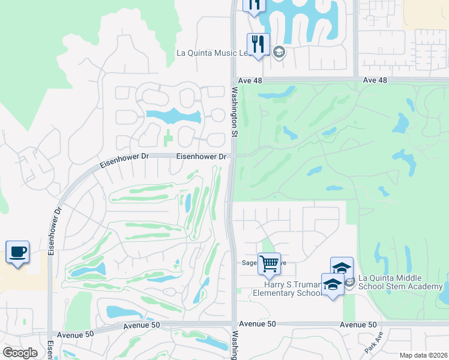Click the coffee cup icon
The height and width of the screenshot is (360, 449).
click(x=17, y=252)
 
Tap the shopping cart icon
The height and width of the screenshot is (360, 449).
click(x=269, y=263)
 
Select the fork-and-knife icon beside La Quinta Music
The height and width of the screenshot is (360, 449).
click(x=258, y=44)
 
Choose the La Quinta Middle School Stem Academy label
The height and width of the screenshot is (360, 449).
click(x=400, y=281)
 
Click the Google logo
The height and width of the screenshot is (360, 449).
click(x=20, y=353)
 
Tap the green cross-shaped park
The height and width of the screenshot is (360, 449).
click(x=168, y=137)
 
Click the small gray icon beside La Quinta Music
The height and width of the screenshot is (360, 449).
click(x=279, y=52)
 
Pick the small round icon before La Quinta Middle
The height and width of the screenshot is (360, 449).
click(x=351, y=280)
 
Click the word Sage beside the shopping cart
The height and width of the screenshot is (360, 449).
click(x=249, y=263)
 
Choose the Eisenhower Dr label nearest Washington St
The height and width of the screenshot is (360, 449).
click(x=201, y=157)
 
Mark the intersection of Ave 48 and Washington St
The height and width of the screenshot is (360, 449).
click(x=234, y=79)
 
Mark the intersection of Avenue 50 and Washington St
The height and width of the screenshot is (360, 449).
click(x=232, y=325)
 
